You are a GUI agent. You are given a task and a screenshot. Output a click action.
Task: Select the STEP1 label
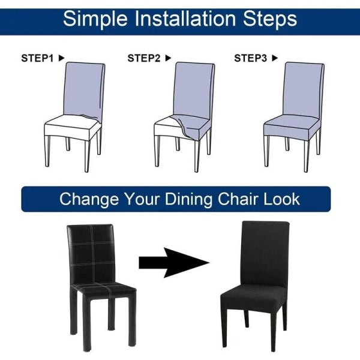click(38, 58)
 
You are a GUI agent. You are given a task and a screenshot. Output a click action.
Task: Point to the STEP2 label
click(144, 58)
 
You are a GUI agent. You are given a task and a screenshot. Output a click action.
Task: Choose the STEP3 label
click(250, 58)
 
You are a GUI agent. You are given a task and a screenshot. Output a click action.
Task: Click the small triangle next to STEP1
click(61, 58)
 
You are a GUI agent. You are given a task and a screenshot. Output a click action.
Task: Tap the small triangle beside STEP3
click(275, 58)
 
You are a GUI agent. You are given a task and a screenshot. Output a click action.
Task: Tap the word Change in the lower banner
click(88, 199)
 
